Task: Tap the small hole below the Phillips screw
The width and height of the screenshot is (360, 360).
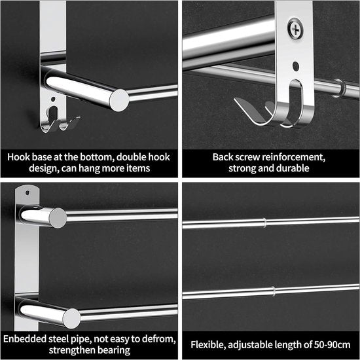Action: tap(297, 66)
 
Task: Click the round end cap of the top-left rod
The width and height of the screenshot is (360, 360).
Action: tap(119, 99)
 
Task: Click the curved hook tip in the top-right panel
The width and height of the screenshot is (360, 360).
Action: tap(241, 105)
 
